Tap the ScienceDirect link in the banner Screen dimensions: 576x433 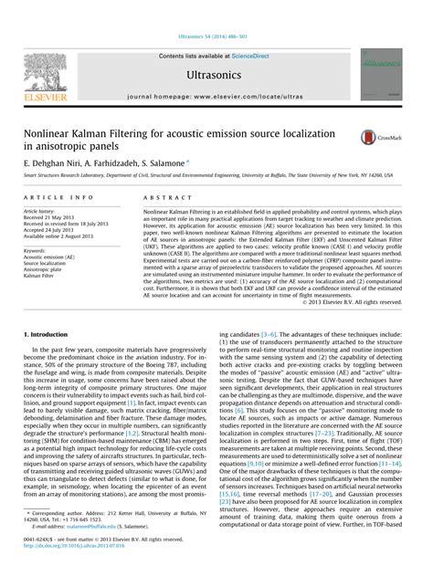[x=259, y=56]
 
